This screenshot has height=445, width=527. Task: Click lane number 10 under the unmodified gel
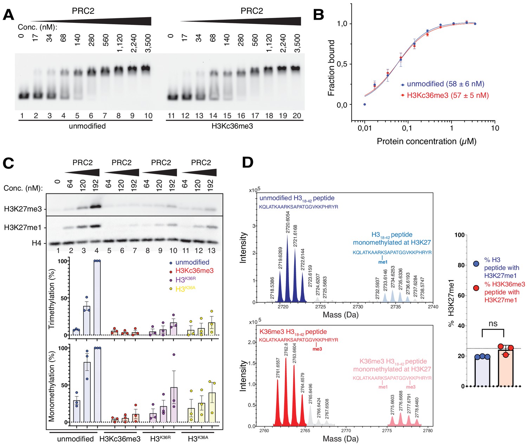tap(148, 116)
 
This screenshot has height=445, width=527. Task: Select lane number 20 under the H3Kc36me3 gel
tap(297, 116)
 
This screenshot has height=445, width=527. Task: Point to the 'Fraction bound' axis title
tap(331, 68)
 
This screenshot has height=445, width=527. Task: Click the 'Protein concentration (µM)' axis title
tap(427, 141)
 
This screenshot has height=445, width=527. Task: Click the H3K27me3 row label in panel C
tap(23, 209)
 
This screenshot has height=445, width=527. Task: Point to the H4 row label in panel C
tap(37, 243)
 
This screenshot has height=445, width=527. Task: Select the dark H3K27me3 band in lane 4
tap(96, 206)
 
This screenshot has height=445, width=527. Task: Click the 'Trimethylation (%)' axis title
tap(52, 299)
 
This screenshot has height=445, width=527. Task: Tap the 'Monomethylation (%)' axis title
tap(52, 386)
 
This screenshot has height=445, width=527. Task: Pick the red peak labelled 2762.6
tap(286, 387)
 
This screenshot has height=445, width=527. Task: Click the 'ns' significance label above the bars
tap(493, 323)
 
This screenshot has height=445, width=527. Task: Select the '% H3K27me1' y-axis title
tap(451, 303)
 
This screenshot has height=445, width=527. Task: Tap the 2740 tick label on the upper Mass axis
tap(433, 307)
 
